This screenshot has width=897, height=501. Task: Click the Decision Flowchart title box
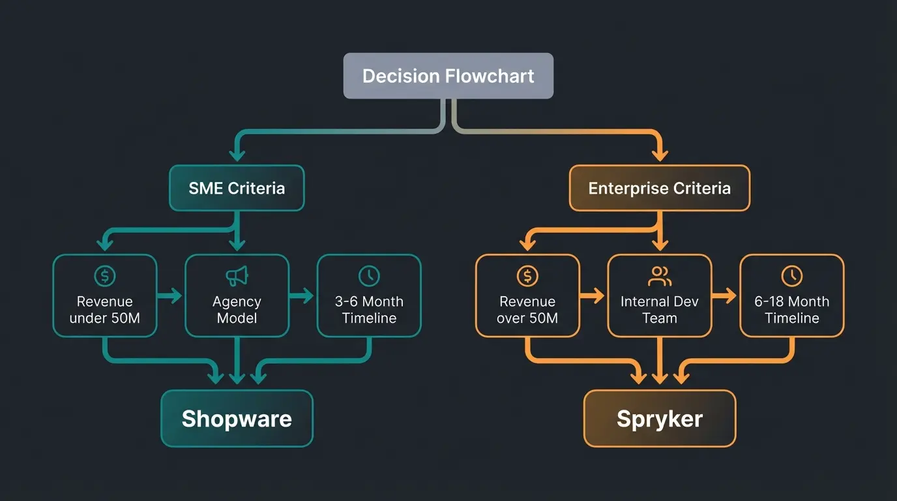pyautogui.click(x=448, y=76)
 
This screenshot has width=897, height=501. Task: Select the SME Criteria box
pyautogui.click(x=237, y=189)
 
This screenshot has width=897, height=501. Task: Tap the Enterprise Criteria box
pyautogui.click(x=659, y=189)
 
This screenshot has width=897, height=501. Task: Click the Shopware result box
pyautogui.click(x=237, y=418)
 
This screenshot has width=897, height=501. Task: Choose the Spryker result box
pyautogui.click(x=659, y=418)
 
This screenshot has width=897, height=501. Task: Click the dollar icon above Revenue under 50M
pyautogui.click(x=104, y=276)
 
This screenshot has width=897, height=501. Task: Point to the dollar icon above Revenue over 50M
pyautogui.click(x=527, y=276)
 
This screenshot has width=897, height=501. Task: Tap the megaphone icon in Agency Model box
pyautogui.click(x=237, y=276)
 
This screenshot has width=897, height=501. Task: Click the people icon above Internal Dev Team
pyautogui.click(x=659, y=276)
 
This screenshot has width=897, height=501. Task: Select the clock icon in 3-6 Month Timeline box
pyautogui.click(x=369, y=276)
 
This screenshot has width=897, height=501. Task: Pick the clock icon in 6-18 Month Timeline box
pyautogui.click(x=791, y=276)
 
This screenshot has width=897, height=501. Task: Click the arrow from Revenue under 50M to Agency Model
pyautogui.click(x=171, y=296)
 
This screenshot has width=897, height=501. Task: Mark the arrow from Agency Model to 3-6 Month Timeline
pyautogui.click(x=302, y=296)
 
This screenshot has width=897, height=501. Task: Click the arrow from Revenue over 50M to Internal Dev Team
pyautogui.click(x=593, y=296)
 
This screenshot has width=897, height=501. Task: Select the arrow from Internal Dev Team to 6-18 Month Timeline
pyautogui.click(x=726, y=296)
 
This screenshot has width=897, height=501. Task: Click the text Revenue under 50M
pyautogui.click(x=104, y=310)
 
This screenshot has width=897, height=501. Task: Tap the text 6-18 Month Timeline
pyautogui.click(x=791, y=310)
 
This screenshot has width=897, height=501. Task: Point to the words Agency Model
pyautogui.click(x=237, y=310)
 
